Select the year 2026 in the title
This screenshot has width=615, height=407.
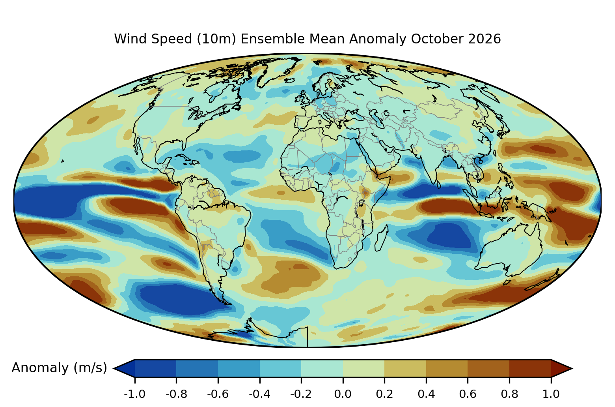[x=485, y=39]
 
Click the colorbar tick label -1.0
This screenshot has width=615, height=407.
[x=134, y=394]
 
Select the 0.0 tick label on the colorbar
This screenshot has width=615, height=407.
[x=343, y=394]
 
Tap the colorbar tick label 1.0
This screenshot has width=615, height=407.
[x=551, y=394]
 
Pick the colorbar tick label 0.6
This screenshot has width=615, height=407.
[x=468, y=394]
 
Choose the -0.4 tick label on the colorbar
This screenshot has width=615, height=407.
[x=259, y=394]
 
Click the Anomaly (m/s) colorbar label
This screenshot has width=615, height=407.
[x=59, y=368]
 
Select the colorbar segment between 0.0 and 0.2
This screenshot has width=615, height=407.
[x=363, y=368]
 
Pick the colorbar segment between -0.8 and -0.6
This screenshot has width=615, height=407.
[x=197, y=368]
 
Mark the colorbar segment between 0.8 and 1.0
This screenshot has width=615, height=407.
[x=530, y=368]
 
